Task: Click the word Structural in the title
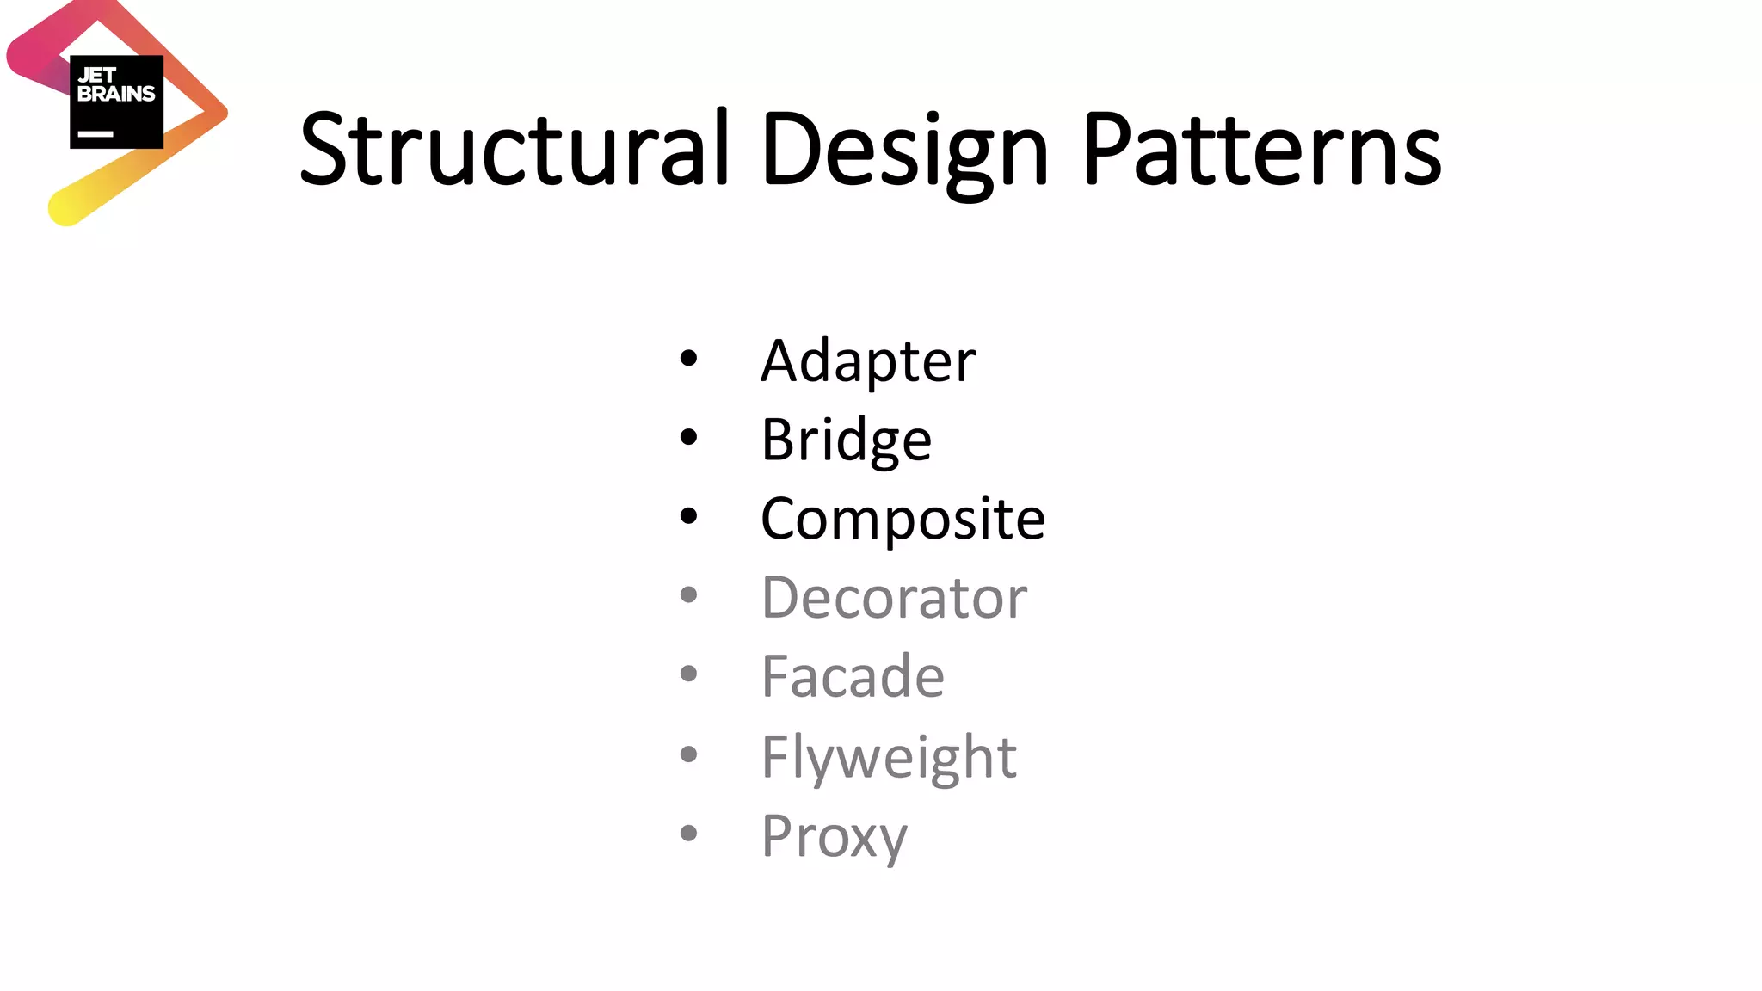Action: click(x=514, y=148)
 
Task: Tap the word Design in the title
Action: click(x=904, y=151)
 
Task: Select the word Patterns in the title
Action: click(x=1261, y=148)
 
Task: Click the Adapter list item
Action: click(x=868, y=360)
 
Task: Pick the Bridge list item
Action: click(x=846, y=440)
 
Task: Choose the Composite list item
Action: click(x=903, y=519)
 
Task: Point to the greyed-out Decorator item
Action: click(x=894, y=597)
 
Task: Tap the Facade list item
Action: click(x=853, y=676)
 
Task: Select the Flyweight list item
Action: click(x=889, y=757)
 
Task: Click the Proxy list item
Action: click(x=834, y=835)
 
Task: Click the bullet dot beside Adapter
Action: click(x=688, y=358)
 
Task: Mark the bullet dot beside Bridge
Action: click(x=688, y=437)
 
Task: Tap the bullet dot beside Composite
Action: click(x=688, y=516)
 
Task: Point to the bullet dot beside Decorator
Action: click(x=688, y=594)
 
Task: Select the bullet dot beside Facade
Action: click(x=688, y=674)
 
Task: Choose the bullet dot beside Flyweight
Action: click(x=688, y=754)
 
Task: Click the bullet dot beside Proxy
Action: click(x=688, y=833)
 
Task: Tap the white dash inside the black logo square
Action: click(x=95, y=134)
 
